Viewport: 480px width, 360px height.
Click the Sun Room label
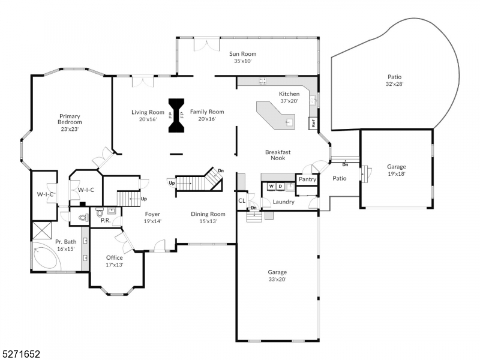click(x=243, y=53)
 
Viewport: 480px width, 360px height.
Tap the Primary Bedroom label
click(x=70, y=119)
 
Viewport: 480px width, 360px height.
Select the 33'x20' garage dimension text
click(x=277, y=280)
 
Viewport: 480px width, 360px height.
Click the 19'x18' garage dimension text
click(x=396, y=174)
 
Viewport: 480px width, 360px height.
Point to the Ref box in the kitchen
click(x=312, y=124)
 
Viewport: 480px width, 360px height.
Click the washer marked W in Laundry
click(x=271, y=187)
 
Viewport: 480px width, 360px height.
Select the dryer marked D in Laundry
click(x=280, y=187)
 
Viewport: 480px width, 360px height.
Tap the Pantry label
click(x=307, y=179)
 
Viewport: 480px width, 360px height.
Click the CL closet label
click(x=242, y=201)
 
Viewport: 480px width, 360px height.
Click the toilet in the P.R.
click(x=84, y=217)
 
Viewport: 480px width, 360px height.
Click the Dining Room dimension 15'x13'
click(x=208, y=221)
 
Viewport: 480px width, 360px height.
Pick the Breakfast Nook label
click(x=278, y=155)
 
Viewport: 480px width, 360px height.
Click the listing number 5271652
click(x=20, y=355)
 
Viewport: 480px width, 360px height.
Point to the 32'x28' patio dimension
click(x=394, y=84)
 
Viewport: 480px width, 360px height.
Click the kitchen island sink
click(x=290, y=122)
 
